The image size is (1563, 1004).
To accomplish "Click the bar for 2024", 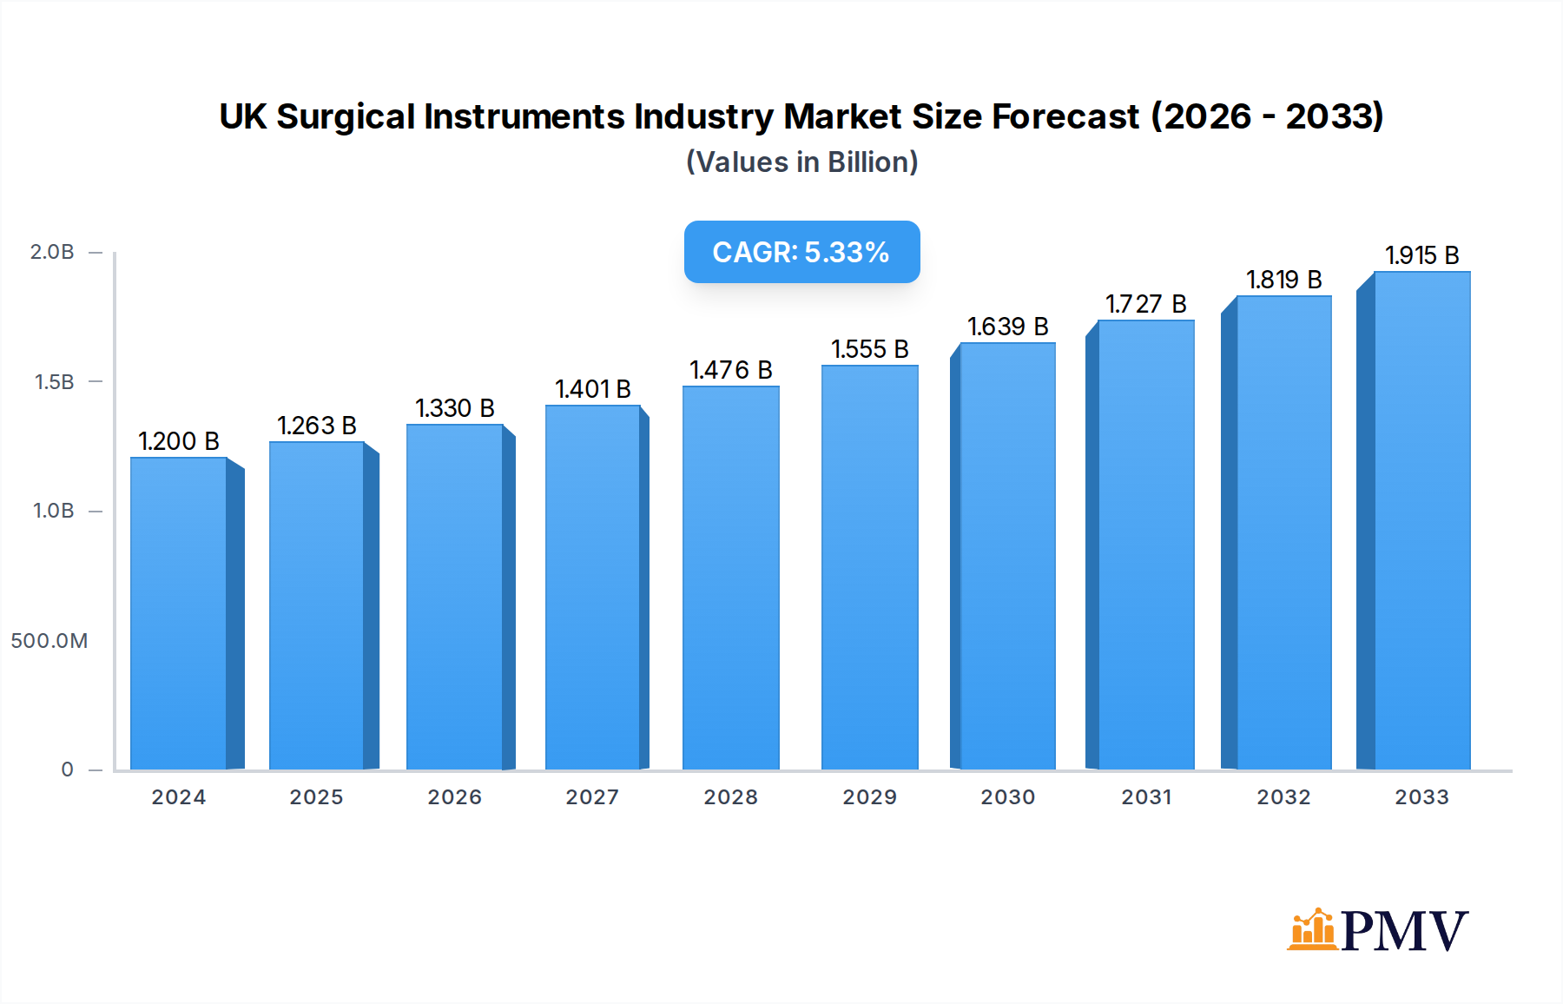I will pyautogui.click(x=179, y=613).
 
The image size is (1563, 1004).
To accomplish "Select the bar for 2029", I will pyautogui.click(x=869, y=567).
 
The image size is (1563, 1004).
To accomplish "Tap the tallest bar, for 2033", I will pyautogui.click(x=1421, y=521).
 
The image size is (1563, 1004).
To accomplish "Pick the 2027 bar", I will pyautogui.click(x=593, y=587).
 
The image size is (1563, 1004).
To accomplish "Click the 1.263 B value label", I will pyautogui.click(x=317, y=426).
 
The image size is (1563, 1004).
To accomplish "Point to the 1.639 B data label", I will pyautogui.click(x=1008, y=327).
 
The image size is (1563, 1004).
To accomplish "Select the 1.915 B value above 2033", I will pyautogui.click(x=1421, y=255).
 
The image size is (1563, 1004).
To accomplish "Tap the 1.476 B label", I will pyautogui.click(x=731, y=370).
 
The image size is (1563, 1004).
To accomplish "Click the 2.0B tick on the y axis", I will pyautogui.click(x=52, y=252).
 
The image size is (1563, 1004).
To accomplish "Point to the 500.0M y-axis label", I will pyautogui.click(x=49, y=641).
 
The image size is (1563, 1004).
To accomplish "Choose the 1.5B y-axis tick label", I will pyautogui.click(x=54, y=382).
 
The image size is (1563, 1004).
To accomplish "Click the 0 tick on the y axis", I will pyautogui.click(x=67, y=770).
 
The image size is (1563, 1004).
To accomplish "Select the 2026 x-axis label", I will pyautogui.click(x=454, y=797).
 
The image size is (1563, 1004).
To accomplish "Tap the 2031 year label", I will pyautogui.click(x=1146, y=797).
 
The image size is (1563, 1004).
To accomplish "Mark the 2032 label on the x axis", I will pyautogui.click(x=1283, y=797).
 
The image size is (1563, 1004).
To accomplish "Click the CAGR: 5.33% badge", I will pyautogui.click(x=801, y=252).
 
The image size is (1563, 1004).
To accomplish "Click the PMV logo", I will pyautogui.click(x=1377, y=930).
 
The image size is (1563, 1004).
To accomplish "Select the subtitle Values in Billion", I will pyautogui.click(x=801, y=162).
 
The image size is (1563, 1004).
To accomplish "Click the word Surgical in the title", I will pyautogui.click(x=346, y=116).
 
